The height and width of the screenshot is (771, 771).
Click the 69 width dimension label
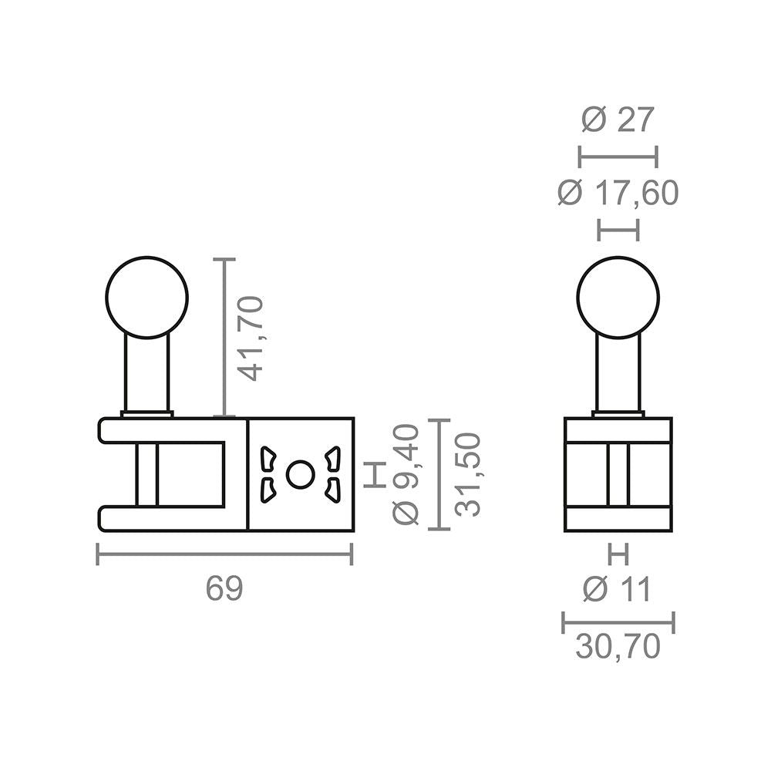(x=224, y=588)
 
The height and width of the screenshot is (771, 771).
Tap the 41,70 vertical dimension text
(x=250, y=338)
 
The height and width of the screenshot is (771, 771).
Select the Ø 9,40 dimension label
(x=406, y=474)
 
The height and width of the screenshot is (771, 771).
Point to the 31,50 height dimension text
(x=468, y=474)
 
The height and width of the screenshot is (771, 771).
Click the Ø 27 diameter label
(x=618, y=120)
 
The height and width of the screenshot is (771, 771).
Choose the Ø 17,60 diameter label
(x=618, y=193)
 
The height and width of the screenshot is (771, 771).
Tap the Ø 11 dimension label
(x=617, y=588)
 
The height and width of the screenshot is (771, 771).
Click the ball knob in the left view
(x=147, y=298)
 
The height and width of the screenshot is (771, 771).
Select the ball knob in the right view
(x=618, y=298)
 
